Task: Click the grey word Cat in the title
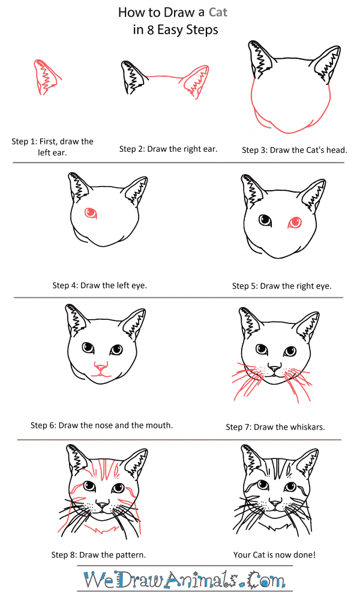click(218, 12)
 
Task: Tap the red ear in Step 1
click(47, 77)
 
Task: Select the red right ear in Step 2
click(196, 81)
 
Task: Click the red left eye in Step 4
click(91, 212)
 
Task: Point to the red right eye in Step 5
click(295, 222)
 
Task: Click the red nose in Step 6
click(101, 368)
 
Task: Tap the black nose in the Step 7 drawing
click(274, 368)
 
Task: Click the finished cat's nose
click(275, 502)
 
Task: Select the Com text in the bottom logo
click(266, 580)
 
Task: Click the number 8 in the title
click(151, 30)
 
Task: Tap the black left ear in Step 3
click(261, 59)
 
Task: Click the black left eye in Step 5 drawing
click(265, 220)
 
